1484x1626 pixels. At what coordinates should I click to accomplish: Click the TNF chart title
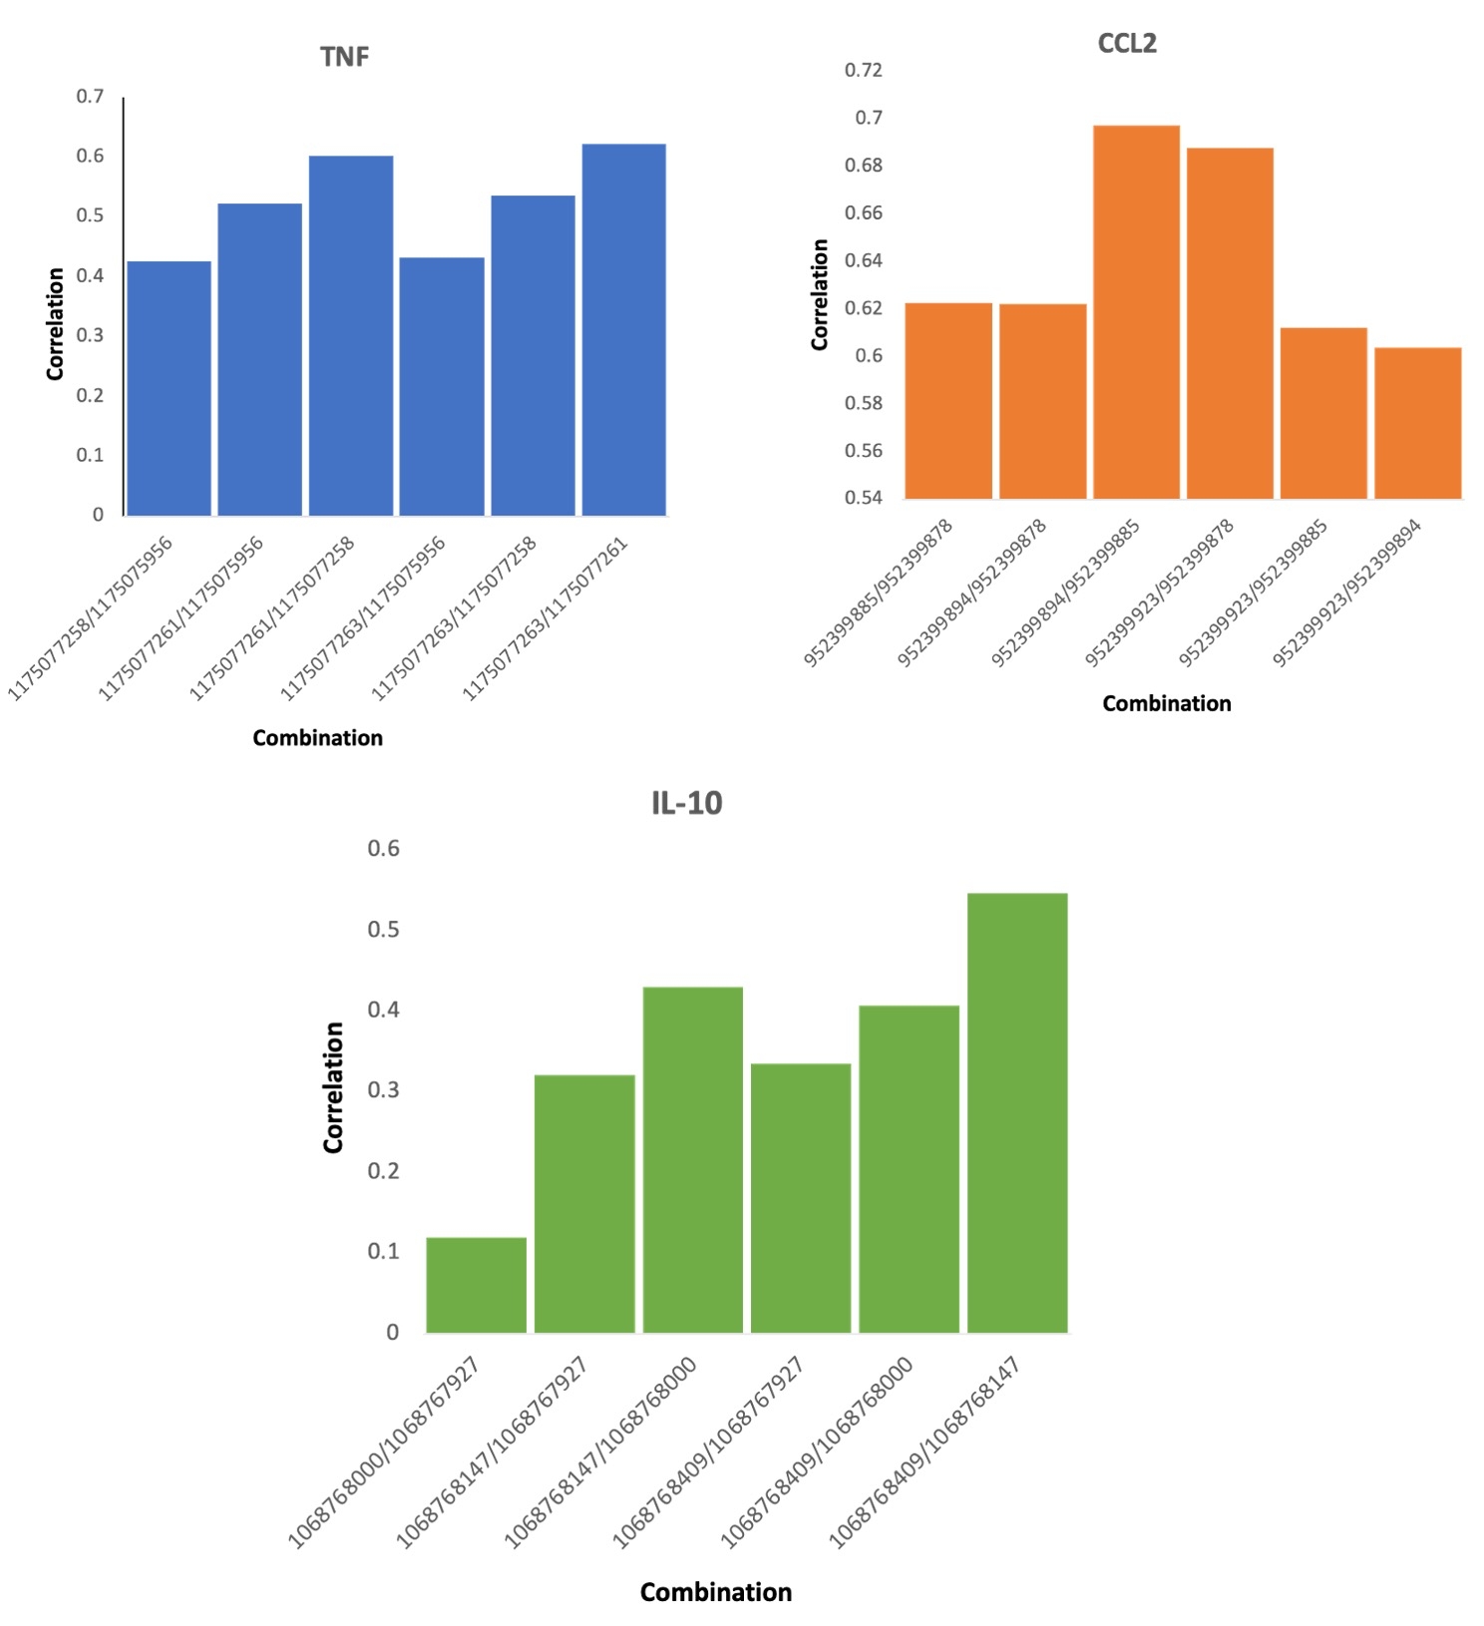344,57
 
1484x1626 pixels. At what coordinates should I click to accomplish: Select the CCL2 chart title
1126,44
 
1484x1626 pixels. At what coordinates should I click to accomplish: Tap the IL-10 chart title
686,803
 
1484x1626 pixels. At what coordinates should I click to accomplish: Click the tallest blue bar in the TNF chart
623,329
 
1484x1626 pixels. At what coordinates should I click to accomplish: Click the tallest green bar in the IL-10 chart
1016,1112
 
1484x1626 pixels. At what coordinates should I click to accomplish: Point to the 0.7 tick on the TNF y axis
90,97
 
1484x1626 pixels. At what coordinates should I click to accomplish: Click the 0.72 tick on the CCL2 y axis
863,70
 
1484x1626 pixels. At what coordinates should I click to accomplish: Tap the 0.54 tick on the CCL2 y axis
863,498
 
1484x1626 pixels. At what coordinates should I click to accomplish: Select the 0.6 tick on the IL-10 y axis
383,849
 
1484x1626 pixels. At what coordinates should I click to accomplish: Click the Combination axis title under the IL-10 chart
715,1592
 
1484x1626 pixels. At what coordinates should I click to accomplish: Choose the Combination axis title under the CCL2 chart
1166,703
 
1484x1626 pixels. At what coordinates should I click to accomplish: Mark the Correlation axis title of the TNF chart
55,323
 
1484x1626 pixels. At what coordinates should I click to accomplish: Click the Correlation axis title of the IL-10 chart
333,1087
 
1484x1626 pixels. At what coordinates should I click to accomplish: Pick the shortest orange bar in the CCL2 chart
1417,423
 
